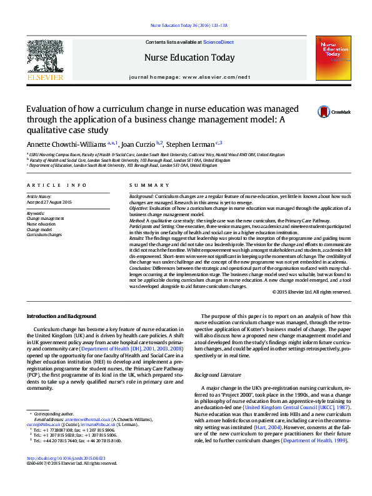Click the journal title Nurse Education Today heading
pos(189,58)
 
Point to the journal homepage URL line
pos(189,76)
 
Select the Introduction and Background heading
pos(61,316)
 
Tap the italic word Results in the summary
pos(137,238)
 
